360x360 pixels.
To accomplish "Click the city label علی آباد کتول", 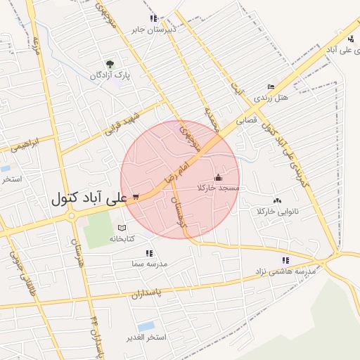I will (89, 199).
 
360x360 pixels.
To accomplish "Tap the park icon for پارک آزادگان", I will (109, 64).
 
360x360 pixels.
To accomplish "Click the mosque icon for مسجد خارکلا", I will (217, 178).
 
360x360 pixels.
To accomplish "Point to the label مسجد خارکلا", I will (219, 188).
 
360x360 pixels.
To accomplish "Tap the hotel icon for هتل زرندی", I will (271, 86).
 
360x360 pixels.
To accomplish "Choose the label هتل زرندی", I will (271, 97).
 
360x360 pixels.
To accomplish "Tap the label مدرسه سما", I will (148, 264).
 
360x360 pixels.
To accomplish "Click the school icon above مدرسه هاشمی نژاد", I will (285, 260).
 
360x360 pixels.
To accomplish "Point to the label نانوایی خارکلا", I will (278, 212).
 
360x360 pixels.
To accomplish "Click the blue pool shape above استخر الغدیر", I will (146, 326).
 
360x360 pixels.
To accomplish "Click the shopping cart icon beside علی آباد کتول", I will (135, 198).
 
